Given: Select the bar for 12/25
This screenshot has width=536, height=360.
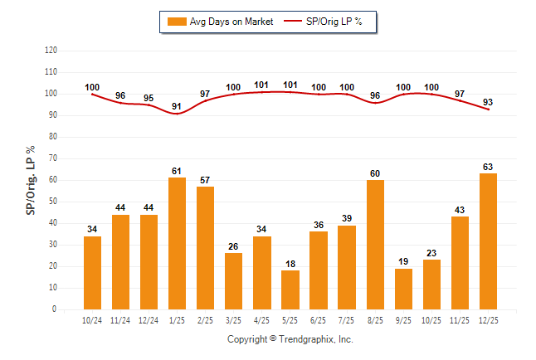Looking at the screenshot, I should click(488, 241).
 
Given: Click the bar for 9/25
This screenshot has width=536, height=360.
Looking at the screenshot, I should click(403, 289).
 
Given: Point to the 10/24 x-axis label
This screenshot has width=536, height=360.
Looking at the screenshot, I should click(92, 319).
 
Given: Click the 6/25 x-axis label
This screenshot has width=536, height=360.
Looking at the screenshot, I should click(319, 319).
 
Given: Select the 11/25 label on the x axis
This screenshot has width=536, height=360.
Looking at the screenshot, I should click(460, 319).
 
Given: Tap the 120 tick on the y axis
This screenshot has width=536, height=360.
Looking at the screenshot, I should click(51, 51).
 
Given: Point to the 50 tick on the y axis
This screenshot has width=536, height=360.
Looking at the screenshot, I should click(52, 202).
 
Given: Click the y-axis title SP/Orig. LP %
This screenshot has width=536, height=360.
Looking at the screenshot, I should click(31, 179).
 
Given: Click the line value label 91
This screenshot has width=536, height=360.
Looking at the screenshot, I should click(177, 105).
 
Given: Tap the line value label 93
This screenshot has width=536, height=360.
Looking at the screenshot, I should click(488, 102).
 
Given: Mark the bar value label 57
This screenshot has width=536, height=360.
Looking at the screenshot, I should click(205, 179).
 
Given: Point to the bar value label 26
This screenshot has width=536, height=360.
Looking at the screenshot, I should click(234, 246).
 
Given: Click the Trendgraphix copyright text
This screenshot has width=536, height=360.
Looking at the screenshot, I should click(290, 339).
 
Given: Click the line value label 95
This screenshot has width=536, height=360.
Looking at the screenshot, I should click(149, 97).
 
